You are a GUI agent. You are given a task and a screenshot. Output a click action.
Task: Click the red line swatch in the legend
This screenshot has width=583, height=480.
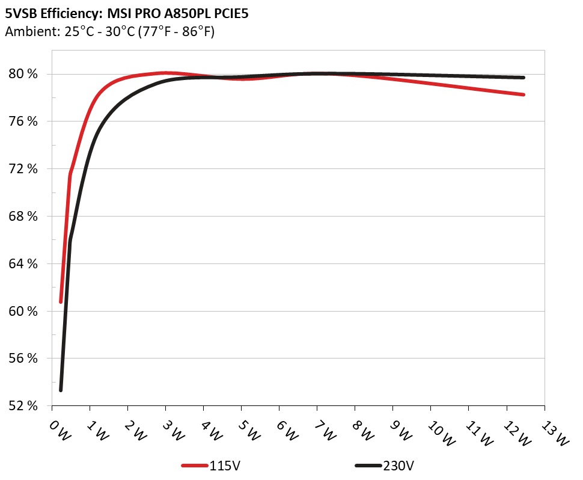[195, 466]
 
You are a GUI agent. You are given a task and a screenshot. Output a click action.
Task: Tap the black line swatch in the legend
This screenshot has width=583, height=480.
[368, 466]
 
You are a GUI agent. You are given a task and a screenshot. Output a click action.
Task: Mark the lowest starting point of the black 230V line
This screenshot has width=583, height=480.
[61, 390]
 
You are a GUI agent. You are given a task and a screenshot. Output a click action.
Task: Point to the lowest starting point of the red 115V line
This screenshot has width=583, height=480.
[61, 301]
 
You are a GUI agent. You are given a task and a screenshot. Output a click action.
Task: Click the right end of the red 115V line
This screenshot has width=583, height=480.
[523, 94]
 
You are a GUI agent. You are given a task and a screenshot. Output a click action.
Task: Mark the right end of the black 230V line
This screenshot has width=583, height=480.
[523, 78]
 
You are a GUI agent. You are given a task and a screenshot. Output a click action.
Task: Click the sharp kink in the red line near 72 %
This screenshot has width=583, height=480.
[70, 175]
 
